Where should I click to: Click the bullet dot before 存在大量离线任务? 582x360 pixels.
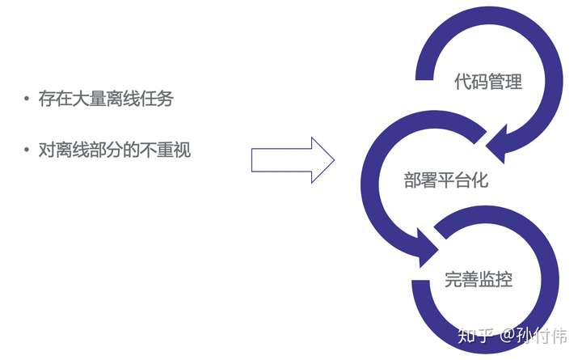tap(27, 100)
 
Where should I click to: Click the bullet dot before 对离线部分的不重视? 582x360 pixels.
tap(27, 150)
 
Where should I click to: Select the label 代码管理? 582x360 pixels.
tap(488, 82)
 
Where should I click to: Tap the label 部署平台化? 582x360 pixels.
tap(445, 180)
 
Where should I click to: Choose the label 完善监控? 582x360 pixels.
tap(479, 280)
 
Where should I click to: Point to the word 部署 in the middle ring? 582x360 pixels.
tap(420, 180)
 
